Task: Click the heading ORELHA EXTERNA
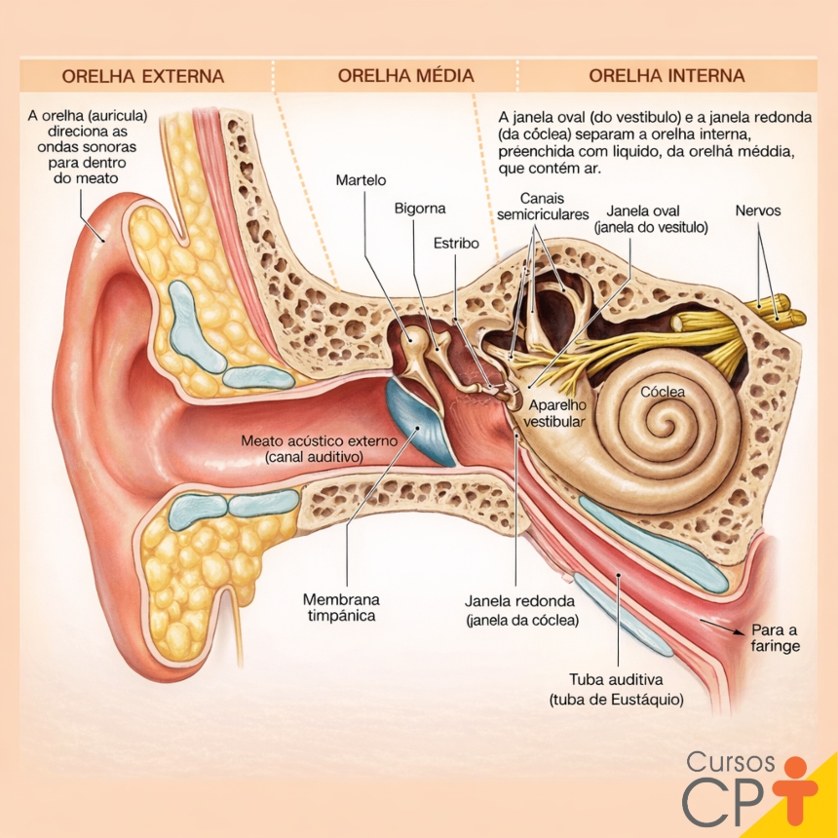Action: [142, 76]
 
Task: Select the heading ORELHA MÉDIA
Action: [406, 75]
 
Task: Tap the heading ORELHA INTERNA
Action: [667, 75]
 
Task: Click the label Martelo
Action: [361, 180]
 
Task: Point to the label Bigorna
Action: [420, 209]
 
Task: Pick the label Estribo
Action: [456, 244]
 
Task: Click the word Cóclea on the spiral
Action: [663, 392]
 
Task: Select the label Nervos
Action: [758, 210]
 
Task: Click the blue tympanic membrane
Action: [421, 422]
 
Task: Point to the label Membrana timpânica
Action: [341, 607]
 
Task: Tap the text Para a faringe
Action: [776, 637]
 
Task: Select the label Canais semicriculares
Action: [543, 207]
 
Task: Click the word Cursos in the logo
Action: [731, 761]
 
